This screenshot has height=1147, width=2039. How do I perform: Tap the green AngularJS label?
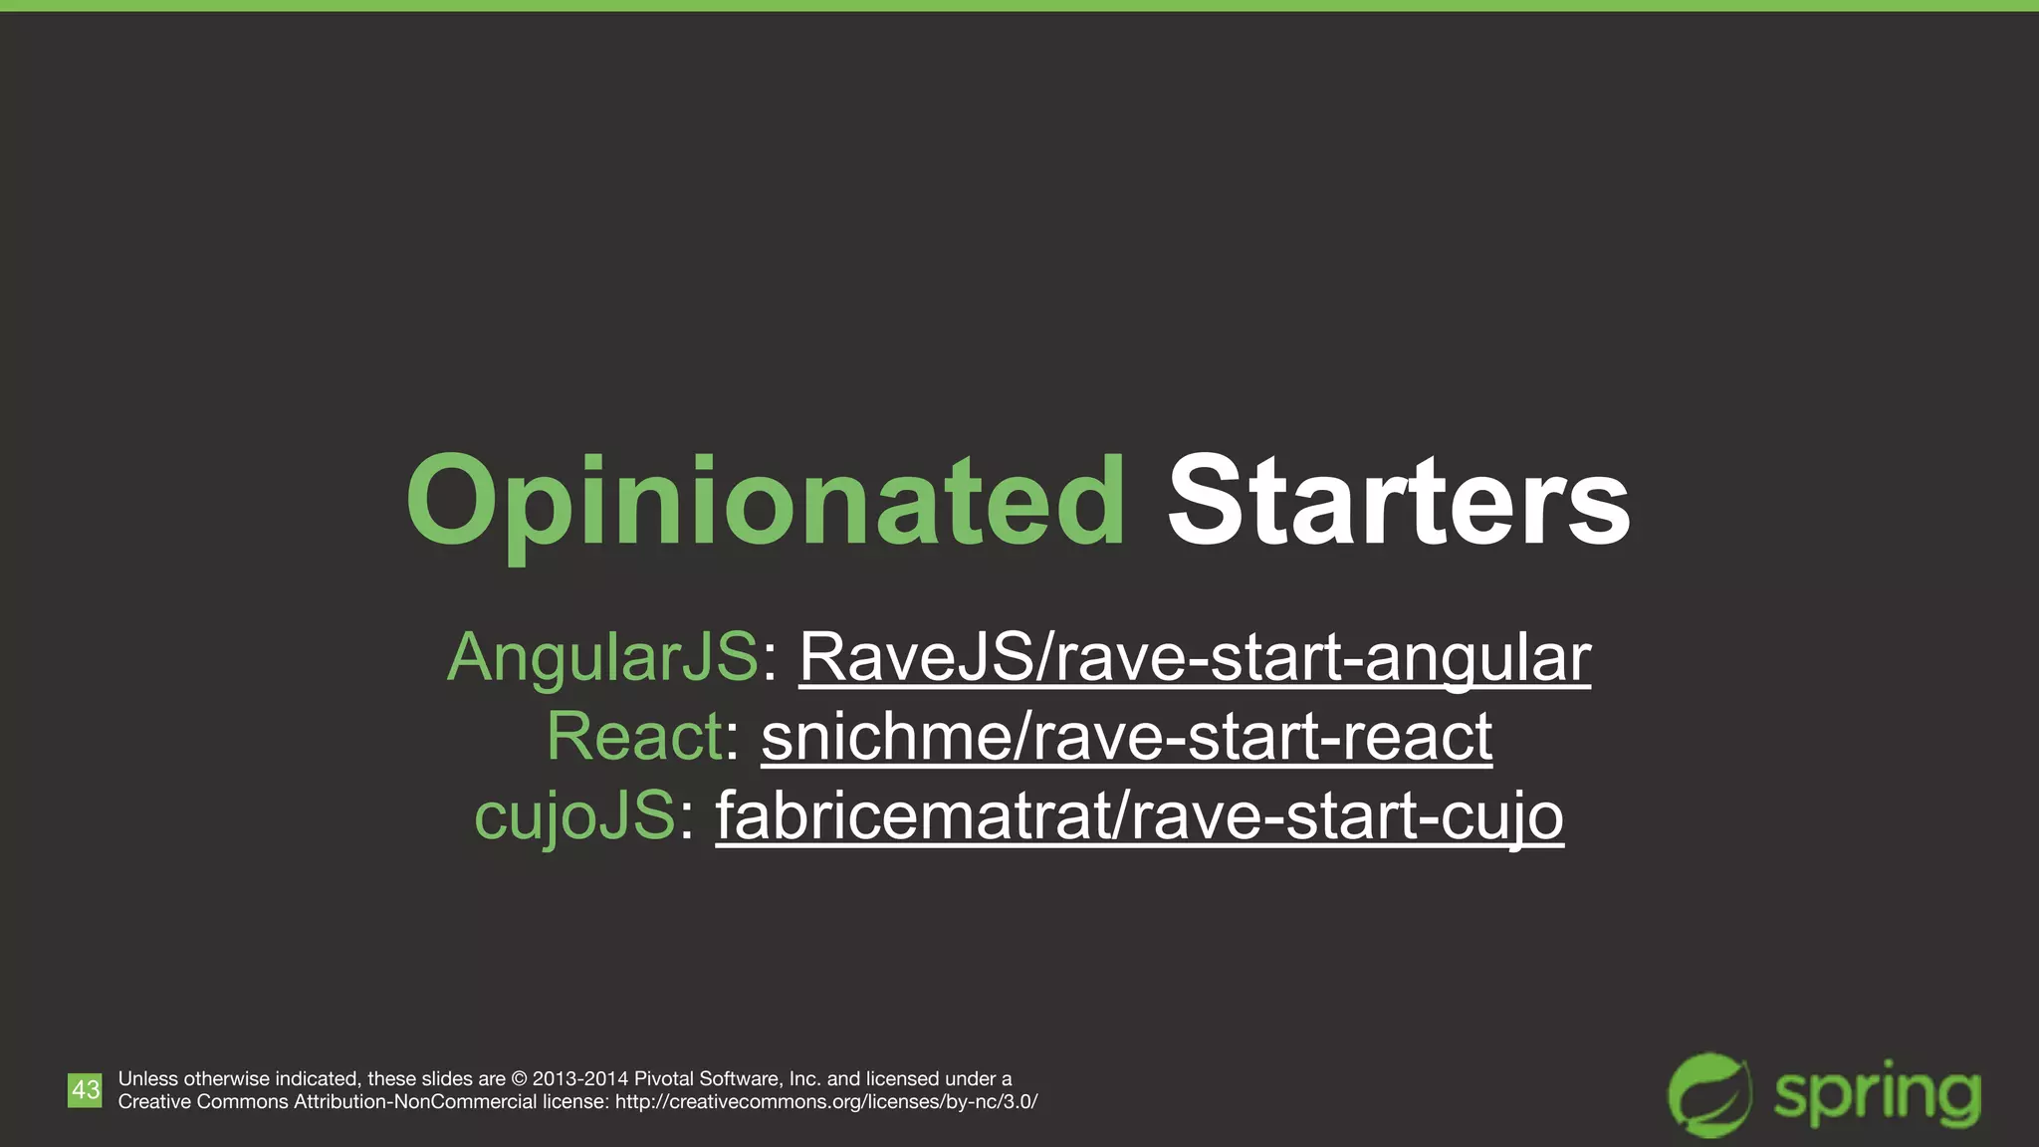tap(602, 657)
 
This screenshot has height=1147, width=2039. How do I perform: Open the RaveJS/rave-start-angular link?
tap(1195, 657)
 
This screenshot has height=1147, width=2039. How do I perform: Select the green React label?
tap(634, 737)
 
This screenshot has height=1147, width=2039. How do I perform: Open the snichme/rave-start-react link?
tap(1126, 737)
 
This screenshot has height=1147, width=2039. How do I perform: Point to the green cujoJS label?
tap(574, 816)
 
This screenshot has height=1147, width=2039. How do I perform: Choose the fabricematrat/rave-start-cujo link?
tap(1139, 816)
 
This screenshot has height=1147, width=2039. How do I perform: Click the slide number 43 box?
tap(85, 1089)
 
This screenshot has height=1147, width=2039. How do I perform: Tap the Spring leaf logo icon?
tap(1709, 1093)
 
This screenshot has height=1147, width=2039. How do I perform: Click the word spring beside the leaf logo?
tap(1877, 1095)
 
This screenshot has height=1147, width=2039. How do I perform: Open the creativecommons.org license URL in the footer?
tap(826, 1102)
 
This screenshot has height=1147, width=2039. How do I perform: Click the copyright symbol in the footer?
tap(519, 1078)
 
